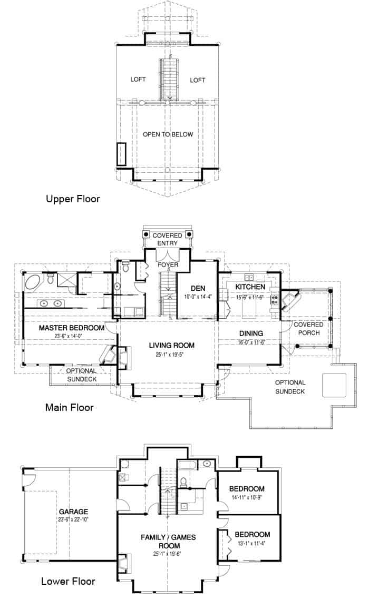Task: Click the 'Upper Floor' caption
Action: click(x=73, y=199)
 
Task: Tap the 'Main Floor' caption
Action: click(x=69, y=407)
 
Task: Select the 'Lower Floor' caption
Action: click(x=68, y=582)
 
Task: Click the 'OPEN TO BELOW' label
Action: click(x=168, y=134)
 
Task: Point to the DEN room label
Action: click(x=198, y=288)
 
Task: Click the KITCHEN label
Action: click(x=250, y=287)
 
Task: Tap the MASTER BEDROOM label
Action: click(x=72, y=328)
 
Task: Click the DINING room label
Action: click(x=251, y=333)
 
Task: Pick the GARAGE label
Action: click(x=73, y=512)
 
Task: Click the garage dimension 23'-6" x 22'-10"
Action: click(x=73, y=519)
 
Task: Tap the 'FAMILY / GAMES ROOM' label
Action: click(x=168, y=542)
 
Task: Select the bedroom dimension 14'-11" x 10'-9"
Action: click(x=247, y=497)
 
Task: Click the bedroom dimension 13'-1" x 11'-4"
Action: click(x=252, y=543)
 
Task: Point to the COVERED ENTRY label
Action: click(x=168, y=239)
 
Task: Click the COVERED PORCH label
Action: click(x=308, y=329)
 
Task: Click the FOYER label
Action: click(x=168, y=265)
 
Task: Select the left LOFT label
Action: click(x=138, y=80)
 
